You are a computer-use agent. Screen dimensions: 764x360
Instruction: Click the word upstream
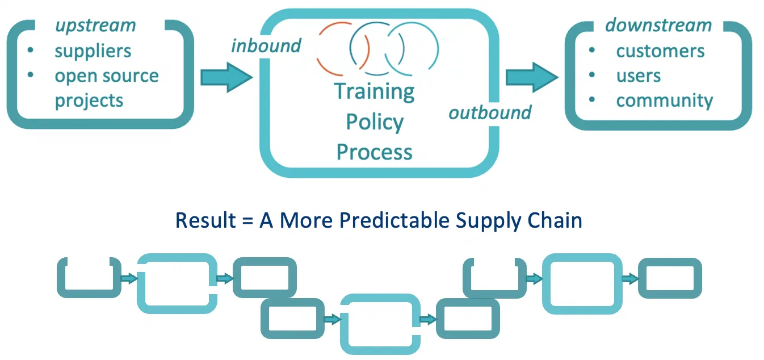click(95, 26)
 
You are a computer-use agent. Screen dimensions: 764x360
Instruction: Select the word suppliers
click(93, 52)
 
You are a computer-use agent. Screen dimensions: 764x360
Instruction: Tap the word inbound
click(266, 46)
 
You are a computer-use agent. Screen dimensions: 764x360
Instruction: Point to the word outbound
click(490, 112)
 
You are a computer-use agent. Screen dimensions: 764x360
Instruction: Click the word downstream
click(658, 25)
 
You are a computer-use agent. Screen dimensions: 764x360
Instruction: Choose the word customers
click(660, 52)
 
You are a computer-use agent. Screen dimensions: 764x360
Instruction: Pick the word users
click(639, 76)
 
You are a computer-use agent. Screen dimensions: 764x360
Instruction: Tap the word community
click(665, 101)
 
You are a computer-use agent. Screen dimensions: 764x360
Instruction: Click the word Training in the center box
click(374, 91)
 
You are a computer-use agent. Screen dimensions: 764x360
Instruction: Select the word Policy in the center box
click(375, 122)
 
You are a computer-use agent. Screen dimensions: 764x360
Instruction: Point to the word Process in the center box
click(374, 152)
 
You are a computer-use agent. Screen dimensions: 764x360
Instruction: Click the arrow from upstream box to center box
click(226, 77)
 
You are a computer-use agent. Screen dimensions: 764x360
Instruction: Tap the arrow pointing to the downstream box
click(532, 77)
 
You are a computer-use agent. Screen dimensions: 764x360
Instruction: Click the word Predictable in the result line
click(394, 220)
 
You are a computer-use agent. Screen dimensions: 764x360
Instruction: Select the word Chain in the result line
click(555, 220)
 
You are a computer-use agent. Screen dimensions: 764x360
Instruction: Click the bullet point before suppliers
click(30, 50)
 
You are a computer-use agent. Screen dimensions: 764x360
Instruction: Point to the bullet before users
click(592, 75)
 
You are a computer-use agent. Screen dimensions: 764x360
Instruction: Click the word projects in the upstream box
click(89, 101)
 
